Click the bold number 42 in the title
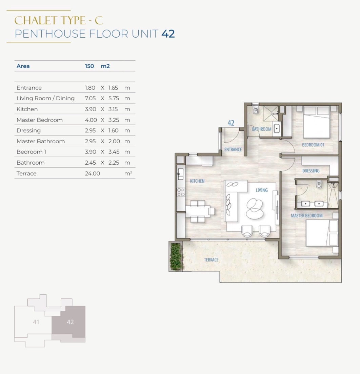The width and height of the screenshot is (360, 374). coord(168,34)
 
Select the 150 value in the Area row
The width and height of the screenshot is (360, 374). coord(89,66)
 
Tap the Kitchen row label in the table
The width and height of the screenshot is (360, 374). coord(27,109)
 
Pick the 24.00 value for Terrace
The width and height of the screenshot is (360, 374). coord(93,173)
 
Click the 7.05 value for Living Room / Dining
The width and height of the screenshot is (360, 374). coord(90,98)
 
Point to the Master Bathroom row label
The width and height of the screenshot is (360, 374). coord(41,141)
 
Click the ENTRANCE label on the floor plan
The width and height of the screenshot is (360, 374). coord(233,149)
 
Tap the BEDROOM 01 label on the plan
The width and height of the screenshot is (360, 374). coord(313,145)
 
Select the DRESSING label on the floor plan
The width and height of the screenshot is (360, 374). coord(311,171)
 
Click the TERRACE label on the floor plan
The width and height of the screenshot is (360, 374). coord(211,260)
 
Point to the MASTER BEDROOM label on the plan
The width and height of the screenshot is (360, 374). coord(306,215)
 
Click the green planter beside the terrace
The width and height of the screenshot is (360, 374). coord(176,256)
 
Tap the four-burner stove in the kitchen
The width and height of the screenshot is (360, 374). coord(181,192)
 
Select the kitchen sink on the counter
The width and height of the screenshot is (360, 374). coord(180,174)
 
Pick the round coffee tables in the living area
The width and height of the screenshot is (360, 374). coord(255,209)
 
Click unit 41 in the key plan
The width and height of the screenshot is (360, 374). coord(36,322)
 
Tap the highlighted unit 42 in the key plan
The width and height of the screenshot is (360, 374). coord(70,322)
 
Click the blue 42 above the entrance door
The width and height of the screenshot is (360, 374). coord(231,123)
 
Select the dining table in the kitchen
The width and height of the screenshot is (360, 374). coord(198,211)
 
